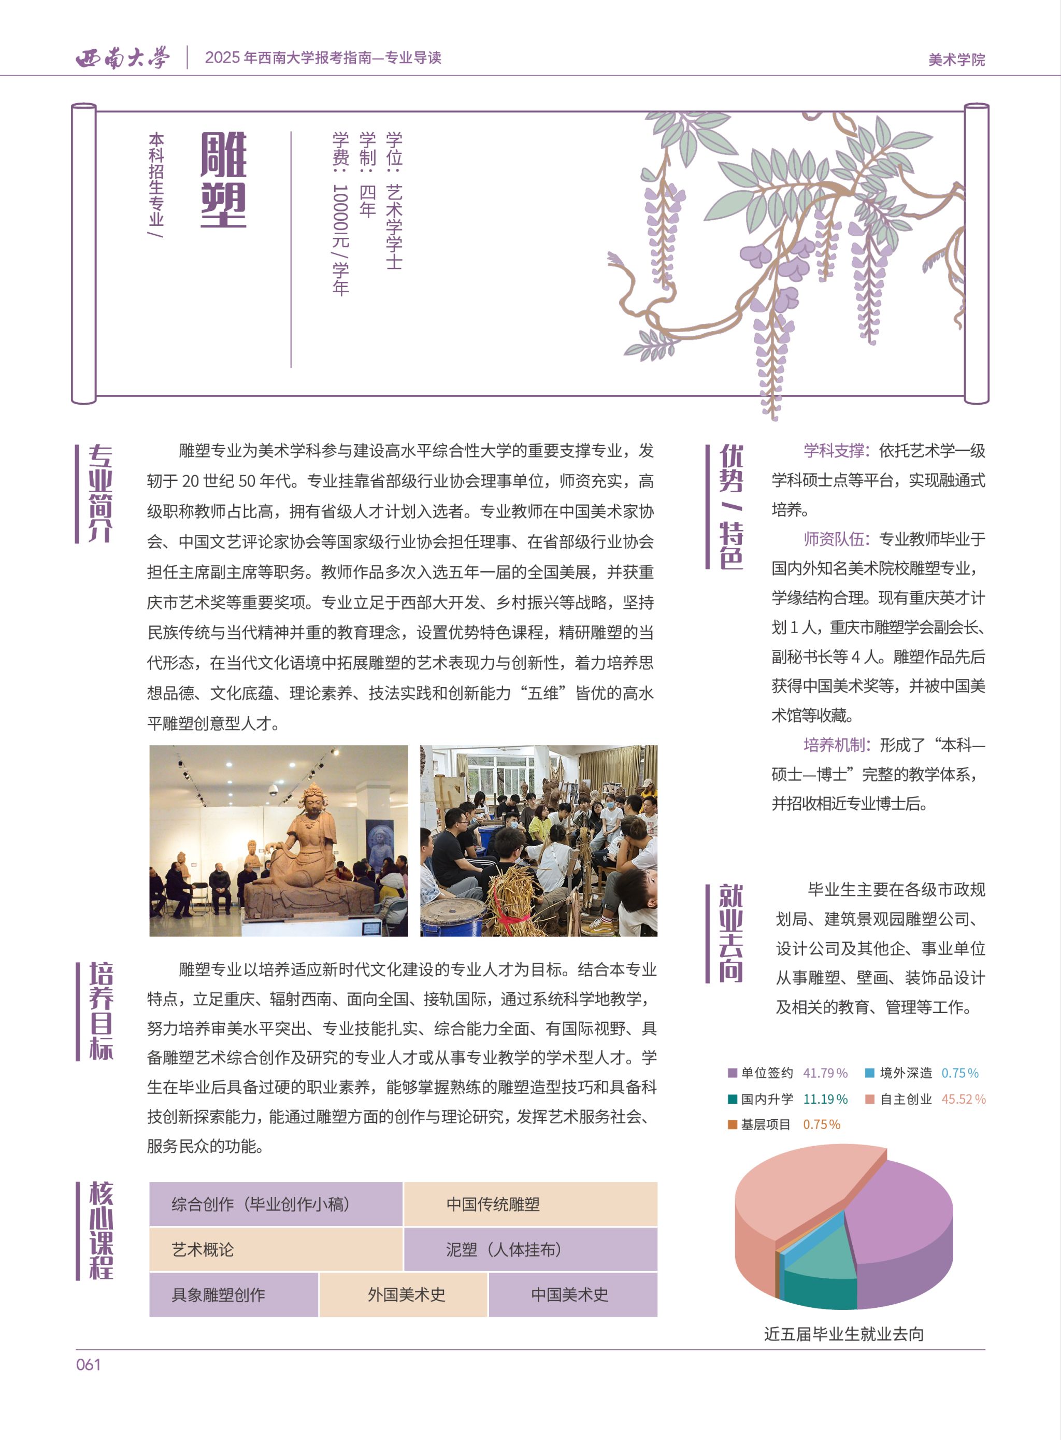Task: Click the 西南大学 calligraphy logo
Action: [x=123, y=59]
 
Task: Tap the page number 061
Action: [x=89, y=1364]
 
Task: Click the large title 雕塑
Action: [x=223, y=180]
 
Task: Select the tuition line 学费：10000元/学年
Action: [x=341, y=214]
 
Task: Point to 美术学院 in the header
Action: [x=956, y=60]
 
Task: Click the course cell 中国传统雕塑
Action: [x=530, y=1204]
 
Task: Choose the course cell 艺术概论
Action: [x=276, y=1249]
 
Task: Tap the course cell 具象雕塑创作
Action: [x=234, y=1294]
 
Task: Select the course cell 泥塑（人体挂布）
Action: [x=530, y=1249]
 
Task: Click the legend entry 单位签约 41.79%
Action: [x=787, y=1073]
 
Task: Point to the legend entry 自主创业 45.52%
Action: [x=925, y=1099]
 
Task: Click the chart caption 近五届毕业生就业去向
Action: [x=844, y=1334]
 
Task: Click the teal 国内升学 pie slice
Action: [x=819, y=1275]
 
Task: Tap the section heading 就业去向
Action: [x=731, y=933]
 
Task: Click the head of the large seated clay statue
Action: [x=313, y=800]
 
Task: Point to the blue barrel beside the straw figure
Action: [x=453, y=917]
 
